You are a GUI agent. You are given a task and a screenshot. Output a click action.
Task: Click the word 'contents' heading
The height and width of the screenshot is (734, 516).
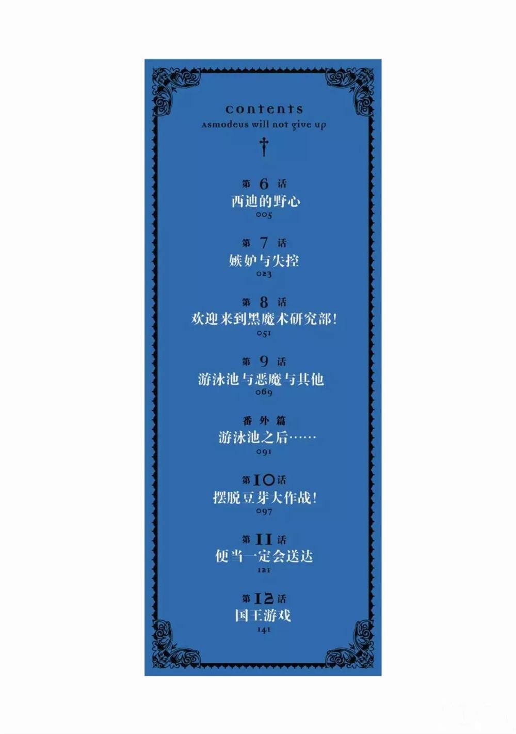click(264, 109)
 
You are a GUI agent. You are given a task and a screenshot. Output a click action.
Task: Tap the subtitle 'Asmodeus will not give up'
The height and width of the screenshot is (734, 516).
click(264, 125)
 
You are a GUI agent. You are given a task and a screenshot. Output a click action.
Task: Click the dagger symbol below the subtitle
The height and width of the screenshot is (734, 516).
click(264, 147)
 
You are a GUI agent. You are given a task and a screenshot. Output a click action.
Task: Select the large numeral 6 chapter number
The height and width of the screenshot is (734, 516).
click(264, 184)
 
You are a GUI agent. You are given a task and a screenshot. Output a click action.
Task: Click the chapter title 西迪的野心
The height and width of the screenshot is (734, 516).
click(266, 201)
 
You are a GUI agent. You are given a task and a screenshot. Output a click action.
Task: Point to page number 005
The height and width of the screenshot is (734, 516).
click(264, 215)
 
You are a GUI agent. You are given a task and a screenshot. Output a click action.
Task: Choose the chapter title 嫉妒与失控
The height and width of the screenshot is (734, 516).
click(264, 261)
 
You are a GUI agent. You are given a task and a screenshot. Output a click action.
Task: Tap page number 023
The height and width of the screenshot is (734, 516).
click(264, 274)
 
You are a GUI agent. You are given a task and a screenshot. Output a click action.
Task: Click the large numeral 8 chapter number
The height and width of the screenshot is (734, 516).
click(264, 303)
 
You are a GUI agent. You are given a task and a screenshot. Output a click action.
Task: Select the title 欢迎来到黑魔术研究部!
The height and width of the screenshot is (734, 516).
click(264, 319)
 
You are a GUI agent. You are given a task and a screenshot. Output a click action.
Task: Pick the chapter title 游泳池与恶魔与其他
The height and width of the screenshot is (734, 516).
click(261, 379)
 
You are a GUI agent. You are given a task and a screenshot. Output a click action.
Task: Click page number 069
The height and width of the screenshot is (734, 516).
click(264, 392)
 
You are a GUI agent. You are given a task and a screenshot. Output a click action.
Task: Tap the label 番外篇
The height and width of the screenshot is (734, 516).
click(264, 421)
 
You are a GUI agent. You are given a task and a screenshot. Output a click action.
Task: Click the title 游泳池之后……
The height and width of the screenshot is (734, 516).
click(267, 438)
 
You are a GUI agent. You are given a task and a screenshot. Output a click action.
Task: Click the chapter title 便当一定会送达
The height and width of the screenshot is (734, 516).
click(264, 557)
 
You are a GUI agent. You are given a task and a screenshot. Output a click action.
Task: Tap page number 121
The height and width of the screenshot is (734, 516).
click(264, 570)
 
